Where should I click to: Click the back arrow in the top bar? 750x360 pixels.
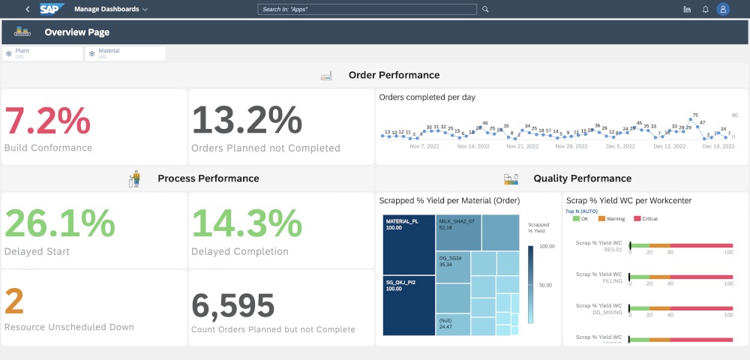(28, 10)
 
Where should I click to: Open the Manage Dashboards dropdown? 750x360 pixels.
(111, 10)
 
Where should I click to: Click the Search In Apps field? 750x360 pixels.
(367, 10)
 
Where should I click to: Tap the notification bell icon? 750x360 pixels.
(705, 10)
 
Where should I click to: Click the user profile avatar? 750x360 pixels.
(723, 10)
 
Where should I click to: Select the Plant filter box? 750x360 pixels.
(42, 53)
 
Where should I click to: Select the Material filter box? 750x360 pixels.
(125, 53)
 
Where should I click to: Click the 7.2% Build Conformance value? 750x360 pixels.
(48, 120)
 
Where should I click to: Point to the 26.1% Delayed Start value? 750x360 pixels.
(60, 223)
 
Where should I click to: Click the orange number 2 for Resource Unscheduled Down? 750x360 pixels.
(15, 302)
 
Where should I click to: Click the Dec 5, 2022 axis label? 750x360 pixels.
(619, 147)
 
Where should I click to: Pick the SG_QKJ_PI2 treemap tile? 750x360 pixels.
(409, 300)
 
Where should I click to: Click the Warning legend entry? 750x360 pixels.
(611, 219)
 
